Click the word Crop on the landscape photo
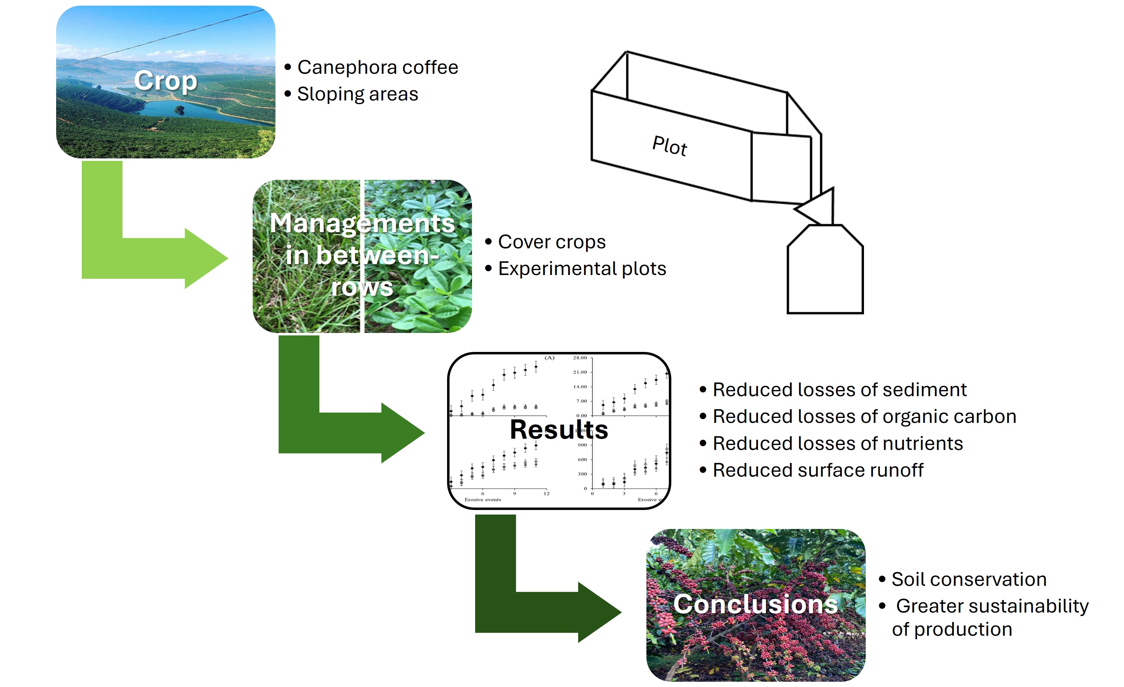click(166, 81)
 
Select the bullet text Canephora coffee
click(377, 67)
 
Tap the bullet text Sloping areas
click(357, 94)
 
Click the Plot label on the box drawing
click(669, 146)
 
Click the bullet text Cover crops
click(552, 242)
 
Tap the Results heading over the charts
click(559, 430)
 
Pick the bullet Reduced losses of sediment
click(839, 390)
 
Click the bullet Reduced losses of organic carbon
click(864, 416)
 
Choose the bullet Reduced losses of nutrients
click(838, 443)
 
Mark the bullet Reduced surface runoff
click(818, 470)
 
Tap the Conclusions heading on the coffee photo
click(756, 604)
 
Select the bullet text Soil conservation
click(969, 579)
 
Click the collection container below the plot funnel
click(825, 274)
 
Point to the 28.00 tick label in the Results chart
click(580, 358)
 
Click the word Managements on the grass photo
click(362, 223)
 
